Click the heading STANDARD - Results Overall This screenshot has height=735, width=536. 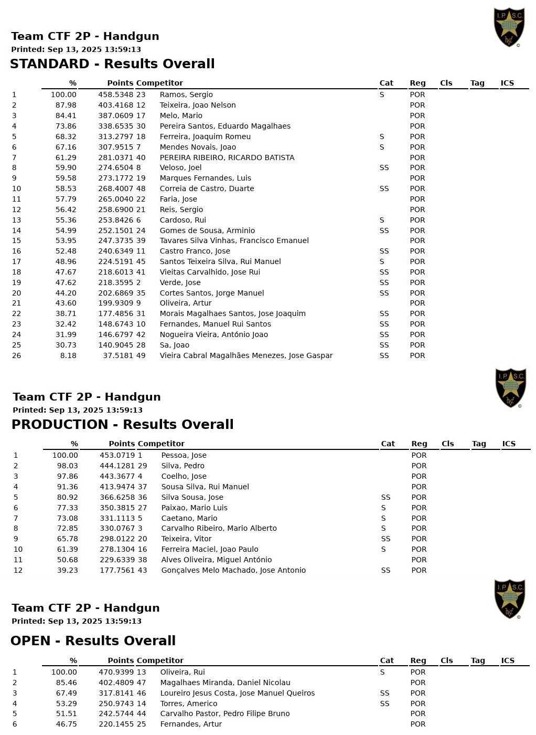112,64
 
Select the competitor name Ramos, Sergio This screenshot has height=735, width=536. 186,94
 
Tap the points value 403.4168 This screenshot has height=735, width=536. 115,105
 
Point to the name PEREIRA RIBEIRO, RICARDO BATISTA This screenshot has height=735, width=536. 227,157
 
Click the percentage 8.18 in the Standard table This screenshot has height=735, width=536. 68,355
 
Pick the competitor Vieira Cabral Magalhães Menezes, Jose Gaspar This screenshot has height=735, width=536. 246,355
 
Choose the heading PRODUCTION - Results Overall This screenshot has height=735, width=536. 122,424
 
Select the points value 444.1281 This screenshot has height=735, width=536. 117,466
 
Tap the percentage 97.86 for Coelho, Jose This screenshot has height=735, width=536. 67,476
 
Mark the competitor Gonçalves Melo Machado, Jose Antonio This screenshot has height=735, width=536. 233,570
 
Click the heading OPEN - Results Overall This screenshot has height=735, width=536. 93,640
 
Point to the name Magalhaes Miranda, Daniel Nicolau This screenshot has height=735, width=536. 225,682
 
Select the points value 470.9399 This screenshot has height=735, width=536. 116,672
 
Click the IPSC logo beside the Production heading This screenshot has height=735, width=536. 510,388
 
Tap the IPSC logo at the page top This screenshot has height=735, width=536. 509,27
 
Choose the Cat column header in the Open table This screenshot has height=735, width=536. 387,660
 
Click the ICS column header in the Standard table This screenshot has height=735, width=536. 507,83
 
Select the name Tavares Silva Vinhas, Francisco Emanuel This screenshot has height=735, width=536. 234,240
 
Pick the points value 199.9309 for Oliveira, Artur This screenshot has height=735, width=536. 115,303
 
